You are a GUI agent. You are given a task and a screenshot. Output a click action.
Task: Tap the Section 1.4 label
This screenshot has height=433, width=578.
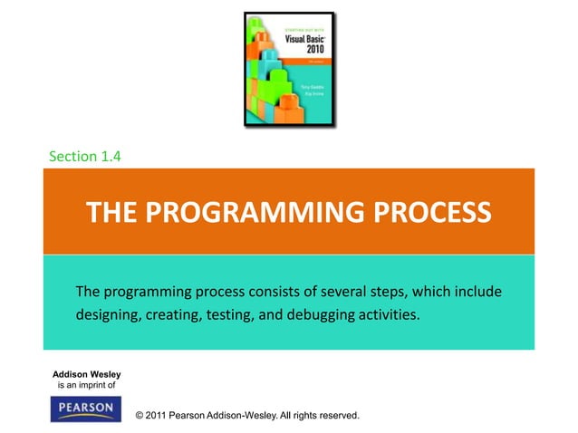(85, 156)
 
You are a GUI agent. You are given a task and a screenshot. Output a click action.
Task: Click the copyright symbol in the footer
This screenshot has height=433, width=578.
(139, 415)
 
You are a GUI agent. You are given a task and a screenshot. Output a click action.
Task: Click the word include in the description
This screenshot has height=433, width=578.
(480, 292)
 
